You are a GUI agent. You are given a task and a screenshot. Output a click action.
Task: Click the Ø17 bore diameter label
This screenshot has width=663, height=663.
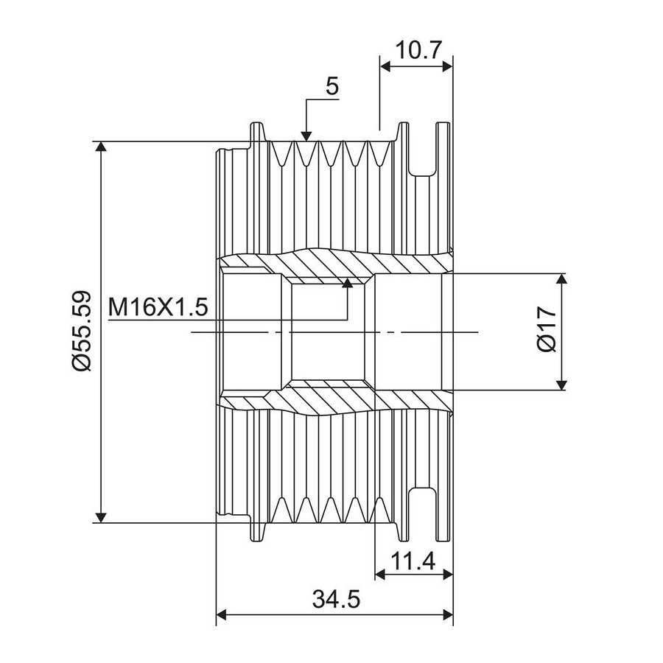coord(546,331)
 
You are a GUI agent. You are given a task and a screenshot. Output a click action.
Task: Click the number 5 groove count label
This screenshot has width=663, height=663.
coord(332,87)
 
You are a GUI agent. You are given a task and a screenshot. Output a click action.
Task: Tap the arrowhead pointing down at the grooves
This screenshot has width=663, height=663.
coord(306,133)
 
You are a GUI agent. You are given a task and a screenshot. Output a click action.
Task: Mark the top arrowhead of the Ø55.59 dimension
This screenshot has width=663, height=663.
coord(102,147)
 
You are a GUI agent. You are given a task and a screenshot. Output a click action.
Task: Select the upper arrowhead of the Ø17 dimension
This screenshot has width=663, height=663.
coord(562,281)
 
